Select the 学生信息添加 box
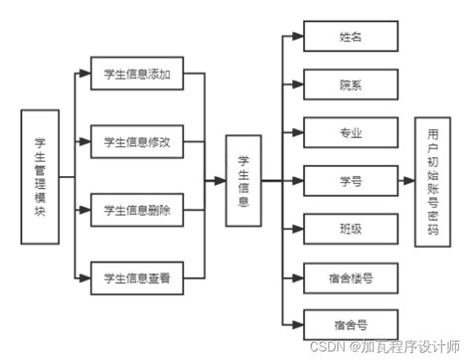click(x=136, y=75)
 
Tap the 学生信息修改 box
click(x=136, y=142)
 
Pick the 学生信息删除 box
click(x=136, y=210)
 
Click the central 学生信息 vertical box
click(x=244, y=180)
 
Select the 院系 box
click(x=350, y=85)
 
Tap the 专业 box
click(x=350, y=132)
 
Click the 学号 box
click(x=350, y=180)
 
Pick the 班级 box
click(x=350, y=228)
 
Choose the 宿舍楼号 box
click(x=350, y=276)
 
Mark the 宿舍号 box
click(x=350, y=323)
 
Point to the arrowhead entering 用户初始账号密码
click(x=410, y=180)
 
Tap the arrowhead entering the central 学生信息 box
click(x=222, y=180)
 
